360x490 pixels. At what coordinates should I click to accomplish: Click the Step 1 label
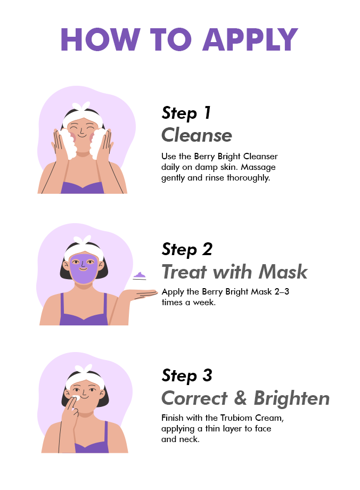point(186,113)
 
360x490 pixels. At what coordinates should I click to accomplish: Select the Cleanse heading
point(197,135)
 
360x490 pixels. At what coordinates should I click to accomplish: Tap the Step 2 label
point(187,249)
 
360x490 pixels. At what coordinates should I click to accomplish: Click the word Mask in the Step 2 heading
point(283,272)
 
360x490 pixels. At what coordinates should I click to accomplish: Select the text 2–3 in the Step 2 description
point(282,291)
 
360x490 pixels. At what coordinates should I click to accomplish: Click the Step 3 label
point(187,375)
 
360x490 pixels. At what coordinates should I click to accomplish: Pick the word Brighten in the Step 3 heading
point(291,398)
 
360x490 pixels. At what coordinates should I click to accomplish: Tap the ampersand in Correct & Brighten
point(240,398)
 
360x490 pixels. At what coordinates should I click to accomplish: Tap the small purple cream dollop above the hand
point(140,276)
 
